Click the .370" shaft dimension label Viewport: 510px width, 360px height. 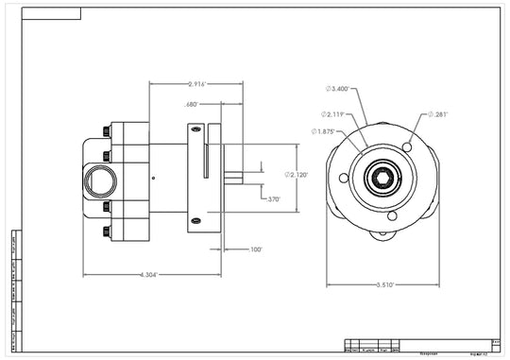[273, 199]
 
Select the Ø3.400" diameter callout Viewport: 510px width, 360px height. [338, 89]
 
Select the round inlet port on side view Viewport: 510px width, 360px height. [98, 178]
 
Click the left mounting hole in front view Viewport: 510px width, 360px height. [337, 179]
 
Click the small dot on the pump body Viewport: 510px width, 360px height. [152, 177]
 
